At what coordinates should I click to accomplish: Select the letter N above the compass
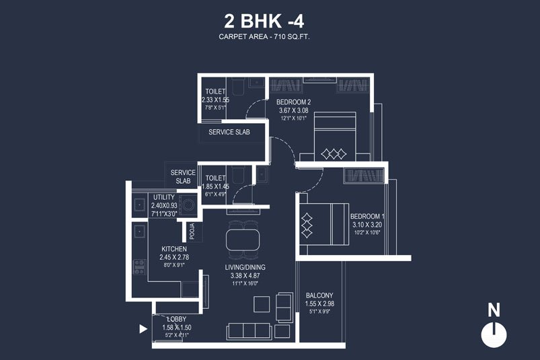[x=494, y=310]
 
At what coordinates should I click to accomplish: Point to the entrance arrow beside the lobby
[x=142, y=329]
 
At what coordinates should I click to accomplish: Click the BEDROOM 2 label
[x=294, y=102]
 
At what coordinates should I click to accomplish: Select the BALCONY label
[x=319, y=295]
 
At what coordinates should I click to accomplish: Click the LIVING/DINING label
[x=245, y=266]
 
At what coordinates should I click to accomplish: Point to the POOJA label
[x=192, y=231]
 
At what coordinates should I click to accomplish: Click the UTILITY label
[x=163, y=197]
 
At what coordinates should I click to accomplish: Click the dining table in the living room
[x=243, y=241]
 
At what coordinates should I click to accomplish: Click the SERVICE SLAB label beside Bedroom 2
[x=229, y=132]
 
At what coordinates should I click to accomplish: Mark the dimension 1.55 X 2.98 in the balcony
[x=319, y=304]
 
